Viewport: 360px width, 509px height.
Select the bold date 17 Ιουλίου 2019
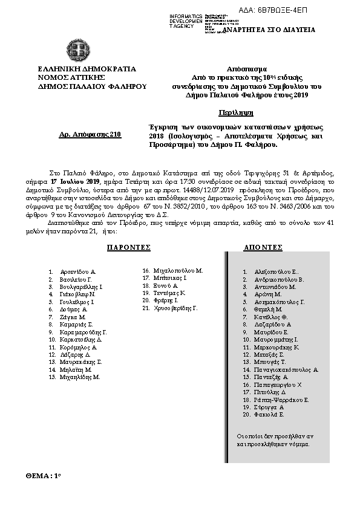tap(75, 181)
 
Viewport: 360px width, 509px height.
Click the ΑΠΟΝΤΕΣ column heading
tap(263, 248)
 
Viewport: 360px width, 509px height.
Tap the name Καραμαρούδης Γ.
tap(83, 332)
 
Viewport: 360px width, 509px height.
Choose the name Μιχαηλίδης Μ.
tap(80, 377)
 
